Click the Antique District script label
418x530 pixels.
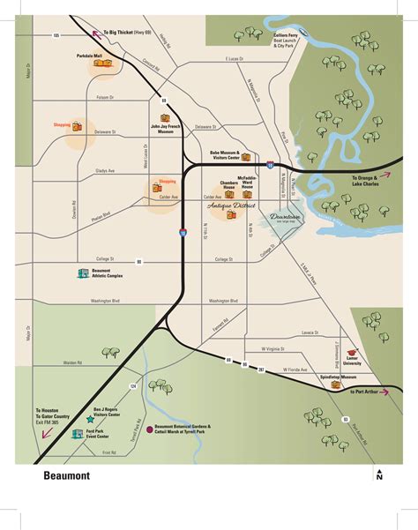point(230,205)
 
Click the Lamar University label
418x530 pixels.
point(354,361)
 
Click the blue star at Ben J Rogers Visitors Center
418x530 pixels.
point(90,421)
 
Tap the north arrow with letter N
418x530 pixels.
point(379,475)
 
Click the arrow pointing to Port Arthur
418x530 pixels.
point(340,391)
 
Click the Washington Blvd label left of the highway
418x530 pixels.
point(104,301)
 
